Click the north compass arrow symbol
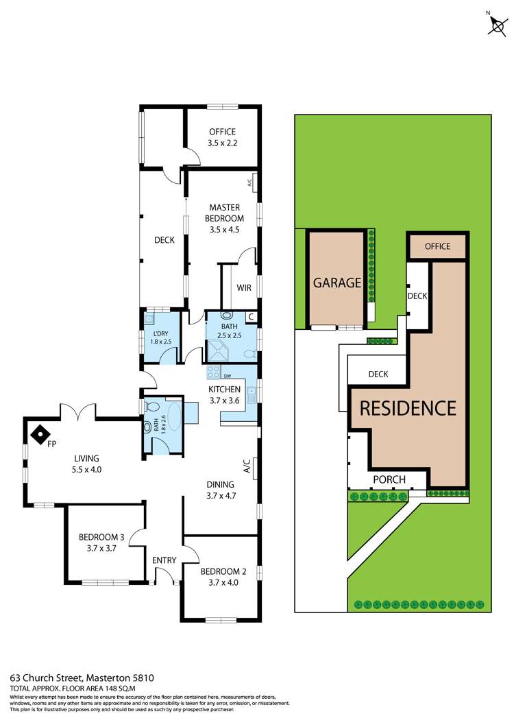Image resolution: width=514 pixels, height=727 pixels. point(495,25)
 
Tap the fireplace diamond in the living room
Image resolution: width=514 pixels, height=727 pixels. point(41,433)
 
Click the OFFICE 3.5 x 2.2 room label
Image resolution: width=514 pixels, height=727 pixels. point(221,137)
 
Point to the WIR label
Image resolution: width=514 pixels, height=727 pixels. point(243,289)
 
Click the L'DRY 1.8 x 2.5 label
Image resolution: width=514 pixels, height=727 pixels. point(159,337)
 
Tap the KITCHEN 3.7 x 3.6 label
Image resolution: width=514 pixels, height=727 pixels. point(225,396)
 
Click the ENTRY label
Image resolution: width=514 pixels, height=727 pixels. point(164,560)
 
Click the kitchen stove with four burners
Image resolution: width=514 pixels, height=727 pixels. point(213,372)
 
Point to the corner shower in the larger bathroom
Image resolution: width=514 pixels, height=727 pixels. point(219,350)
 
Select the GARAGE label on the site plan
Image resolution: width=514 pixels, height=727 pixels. point(337,282)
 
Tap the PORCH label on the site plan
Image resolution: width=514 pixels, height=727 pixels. point(389,479)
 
